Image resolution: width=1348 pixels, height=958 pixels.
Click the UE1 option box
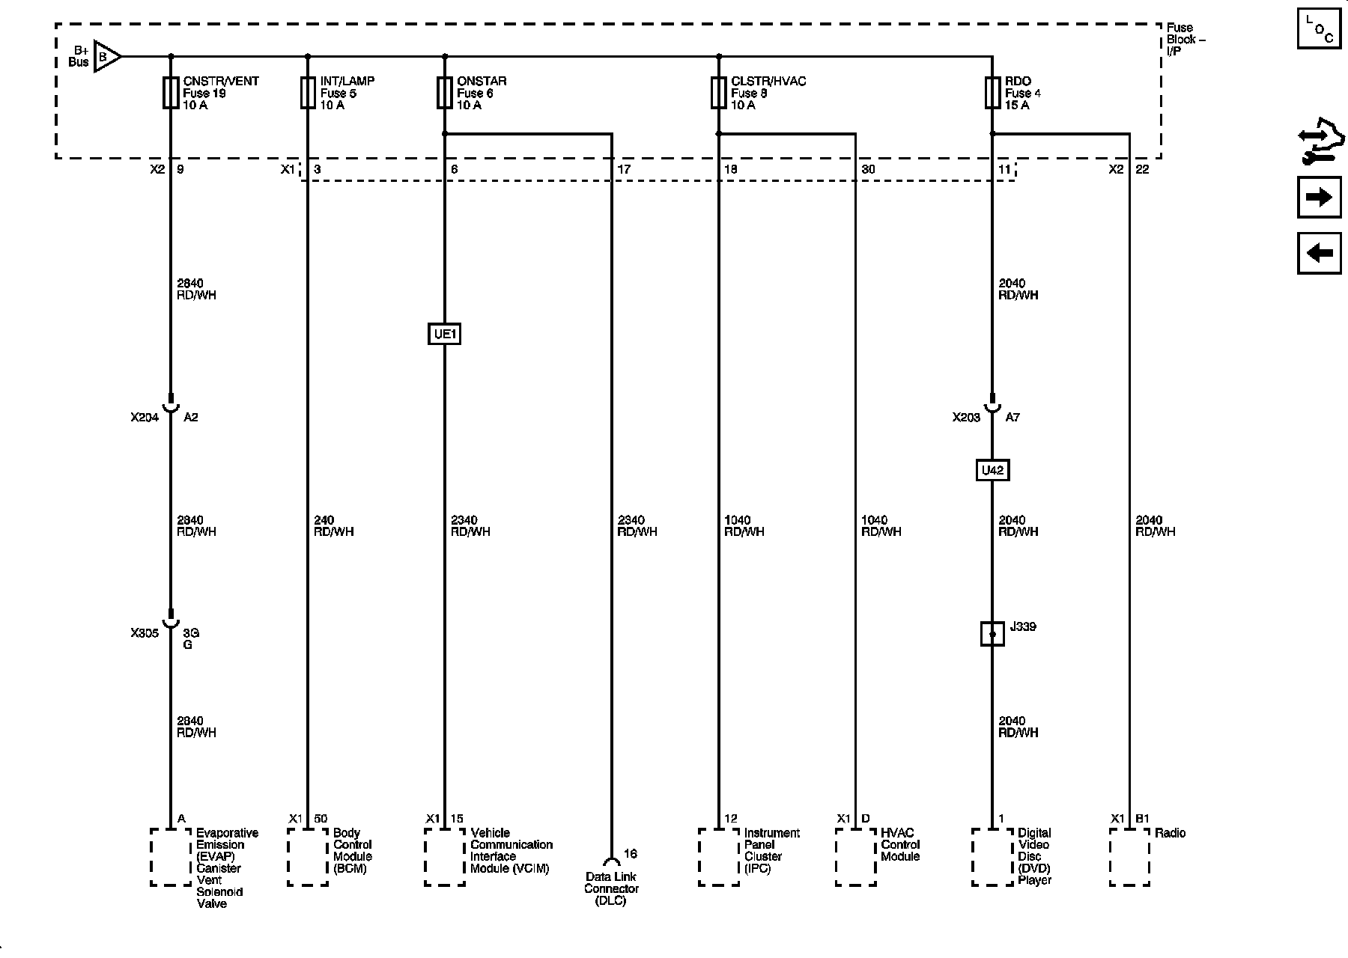444,334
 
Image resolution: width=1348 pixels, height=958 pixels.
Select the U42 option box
992,470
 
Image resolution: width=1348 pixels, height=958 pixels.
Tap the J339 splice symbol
992,634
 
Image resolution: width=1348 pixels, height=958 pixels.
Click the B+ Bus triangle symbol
108,56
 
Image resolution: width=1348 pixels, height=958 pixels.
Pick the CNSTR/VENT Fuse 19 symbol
171,93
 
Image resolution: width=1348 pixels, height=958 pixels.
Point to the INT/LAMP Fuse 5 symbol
308,93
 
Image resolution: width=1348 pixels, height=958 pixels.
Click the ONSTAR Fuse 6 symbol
445,93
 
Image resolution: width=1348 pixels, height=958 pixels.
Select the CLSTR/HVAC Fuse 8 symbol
719,93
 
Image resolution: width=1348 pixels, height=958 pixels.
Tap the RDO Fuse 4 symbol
993,93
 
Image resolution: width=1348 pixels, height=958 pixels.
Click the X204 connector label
145,418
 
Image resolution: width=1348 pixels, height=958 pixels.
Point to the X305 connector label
145,633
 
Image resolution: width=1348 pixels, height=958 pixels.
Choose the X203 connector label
966,418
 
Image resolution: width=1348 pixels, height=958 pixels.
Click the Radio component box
1129,857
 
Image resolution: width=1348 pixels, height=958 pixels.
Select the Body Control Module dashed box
308,857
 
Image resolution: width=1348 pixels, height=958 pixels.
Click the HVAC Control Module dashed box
856,857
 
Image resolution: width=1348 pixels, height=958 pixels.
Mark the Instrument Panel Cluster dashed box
719,857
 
